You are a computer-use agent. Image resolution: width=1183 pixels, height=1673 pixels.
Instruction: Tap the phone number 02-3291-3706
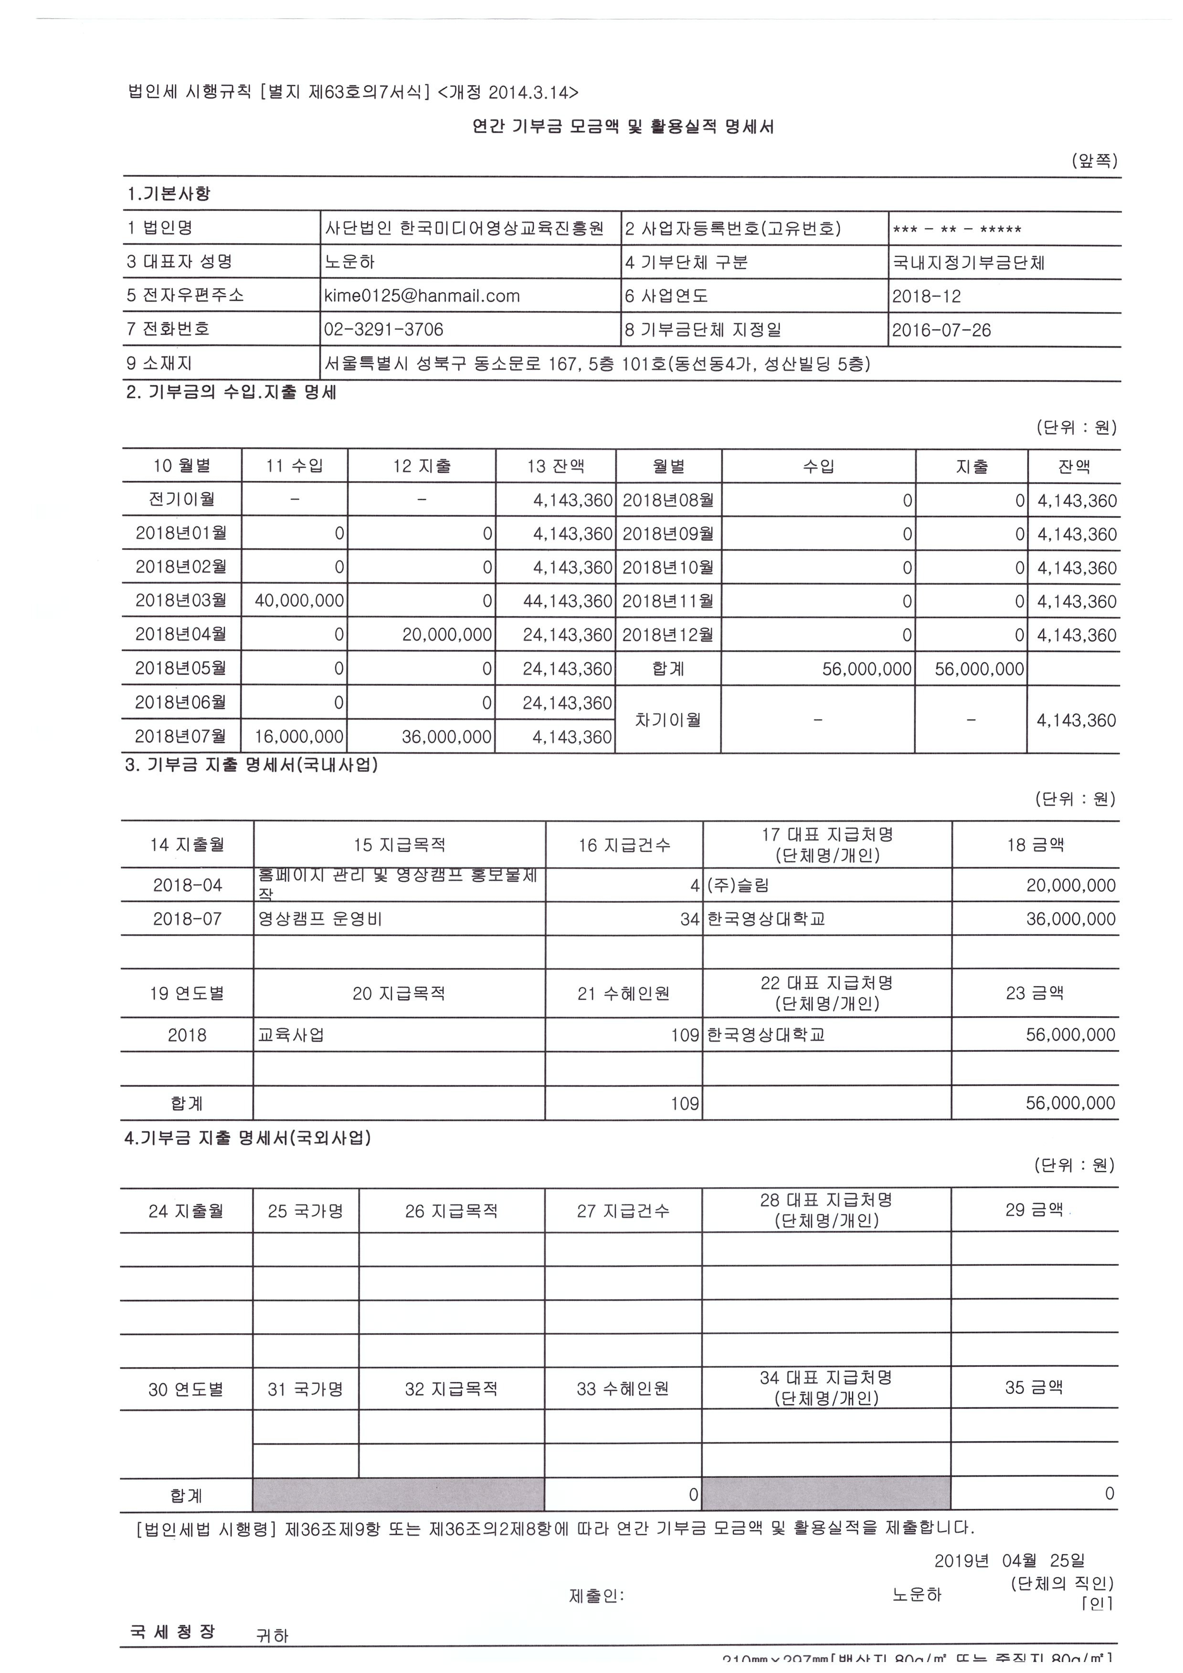point(383,329)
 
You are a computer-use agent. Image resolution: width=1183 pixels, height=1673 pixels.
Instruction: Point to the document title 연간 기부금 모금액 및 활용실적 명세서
point(623,127)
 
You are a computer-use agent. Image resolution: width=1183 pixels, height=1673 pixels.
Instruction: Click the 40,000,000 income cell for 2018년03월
point(299,601)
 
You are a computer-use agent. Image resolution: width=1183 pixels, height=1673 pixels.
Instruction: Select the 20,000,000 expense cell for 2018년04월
point(446,635)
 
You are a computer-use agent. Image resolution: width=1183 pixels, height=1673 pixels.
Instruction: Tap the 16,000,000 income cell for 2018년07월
point(299,737)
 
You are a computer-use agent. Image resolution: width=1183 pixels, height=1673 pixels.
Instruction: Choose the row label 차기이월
point(668,720)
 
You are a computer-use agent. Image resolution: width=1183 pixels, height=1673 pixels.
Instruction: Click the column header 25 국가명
point(305,1211)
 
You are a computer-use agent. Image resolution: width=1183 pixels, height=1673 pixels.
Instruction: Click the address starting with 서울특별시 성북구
point(597,364)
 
